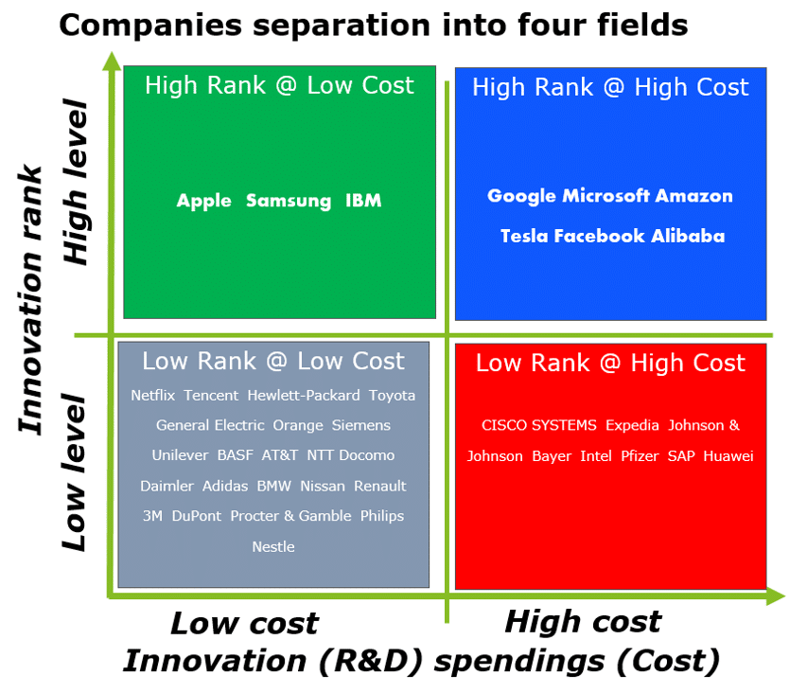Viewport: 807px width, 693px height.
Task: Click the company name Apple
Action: point(203,201)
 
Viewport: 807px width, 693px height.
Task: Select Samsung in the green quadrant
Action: point(289,201)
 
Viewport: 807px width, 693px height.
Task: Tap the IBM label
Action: point(363,200)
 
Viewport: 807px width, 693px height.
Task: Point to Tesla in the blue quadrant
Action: point(524,236)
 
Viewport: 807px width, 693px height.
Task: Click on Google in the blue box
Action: point(522,196)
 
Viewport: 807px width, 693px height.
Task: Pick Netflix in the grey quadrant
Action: point(153,396)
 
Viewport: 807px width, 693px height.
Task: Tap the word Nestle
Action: point(273,547)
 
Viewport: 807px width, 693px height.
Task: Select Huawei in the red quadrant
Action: point(728,456)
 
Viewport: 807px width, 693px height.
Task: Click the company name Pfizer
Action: point(640,456)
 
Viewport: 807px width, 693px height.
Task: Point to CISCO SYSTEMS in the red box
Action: point(539,425)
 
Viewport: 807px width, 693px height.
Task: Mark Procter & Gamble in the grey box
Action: point(290,516)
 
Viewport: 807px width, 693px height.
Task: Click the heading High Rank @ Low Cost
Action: point(279,85)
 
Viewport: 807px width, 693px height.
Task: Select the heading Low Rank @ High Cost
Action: point(610,363)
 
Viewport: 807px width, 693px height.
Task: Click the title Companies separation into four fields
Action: point(374,26)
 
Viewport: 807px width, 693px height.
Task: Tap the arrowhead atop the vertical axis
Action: point(112,61)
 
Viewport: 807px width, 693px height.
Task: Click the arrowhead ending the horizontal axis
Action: point(776,596)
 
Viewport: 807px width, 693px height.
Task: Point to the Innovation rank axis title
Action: point(31,300)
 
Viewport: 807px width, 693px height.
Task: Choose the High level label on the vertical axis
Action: point(75,183)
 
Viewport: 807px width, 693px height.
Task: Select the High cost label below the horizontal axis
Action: point(583,621)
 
